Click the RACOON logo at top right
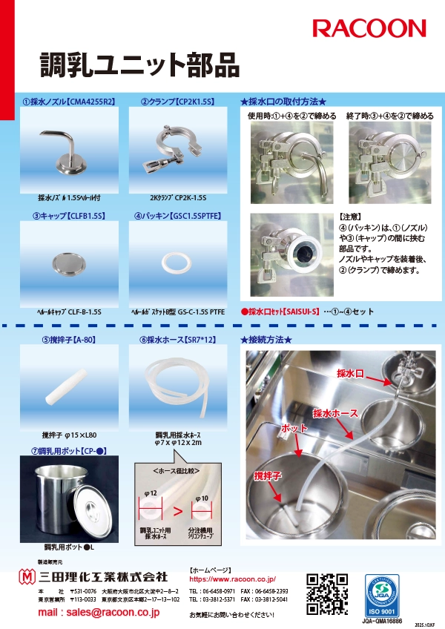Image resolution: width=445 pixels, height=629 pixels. pyautogui.click(x=369, y=29)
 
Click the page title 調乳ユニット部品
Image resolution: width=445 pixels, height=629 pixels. pyautogui.click(x=139, y=65)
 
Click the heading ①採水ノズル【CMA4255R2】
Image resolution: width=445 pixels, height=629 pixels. pyautogui.click(x=69, y=102)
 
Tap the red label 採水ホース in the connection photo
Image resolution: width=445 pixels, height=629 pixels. pyautogui.click(x=335, y=412)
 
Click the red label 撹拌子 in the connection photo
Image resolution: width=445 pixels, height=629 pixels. pyautogui.click(x=268, y=475)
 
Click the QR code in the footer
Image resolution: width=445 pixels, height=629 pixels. pyautogui.click(x=327, y=593)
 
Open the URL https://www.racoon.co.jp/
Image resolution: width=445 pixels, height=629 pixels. pyautogui.click(x=232, y=578)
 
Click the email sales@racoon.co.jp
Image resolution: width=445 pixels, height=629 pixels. pyautogui.click(x=99, y=613)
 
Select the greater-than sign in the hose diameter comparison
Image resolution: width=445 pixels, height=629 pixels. pyautogui.click(x=177, y=511)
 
